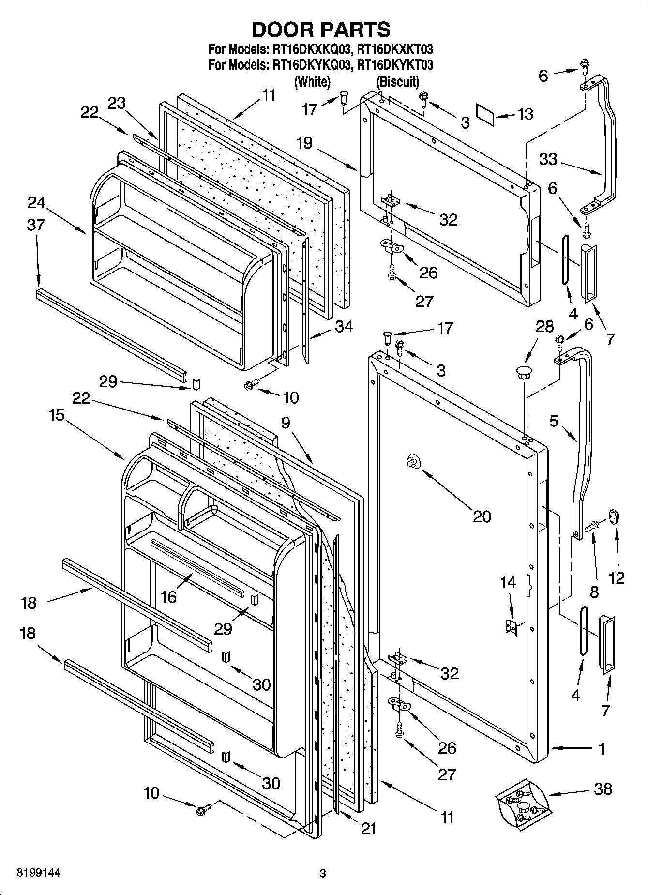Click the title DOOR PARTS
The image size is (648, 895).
coord(321,30)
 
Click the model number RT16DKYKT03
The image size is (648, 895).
coord(394,64)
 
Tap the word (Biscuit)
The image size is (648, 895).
coord(398,82)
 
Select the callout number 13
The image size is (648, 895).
coord(525,114)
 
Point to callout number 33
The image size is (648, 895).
coord(548,159)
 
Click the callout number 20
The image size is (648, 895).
coord(482,516)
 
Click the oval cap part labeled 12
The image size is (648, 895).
coord(614,516)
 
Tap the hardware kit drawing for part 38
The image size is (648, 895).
coord(522,805)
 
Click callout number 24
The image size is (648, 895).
coord(36,202)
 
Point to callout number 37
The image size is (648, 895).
coord(36,225)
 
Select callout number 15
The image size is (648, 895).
coord(57,415)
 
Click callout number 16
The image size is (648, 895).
coord(168,597)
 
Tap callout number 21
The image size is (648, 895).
coord(368,829)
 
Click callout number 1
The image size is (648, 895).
coord(602,749)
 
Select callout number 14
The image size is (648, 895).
coord(508,582)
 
